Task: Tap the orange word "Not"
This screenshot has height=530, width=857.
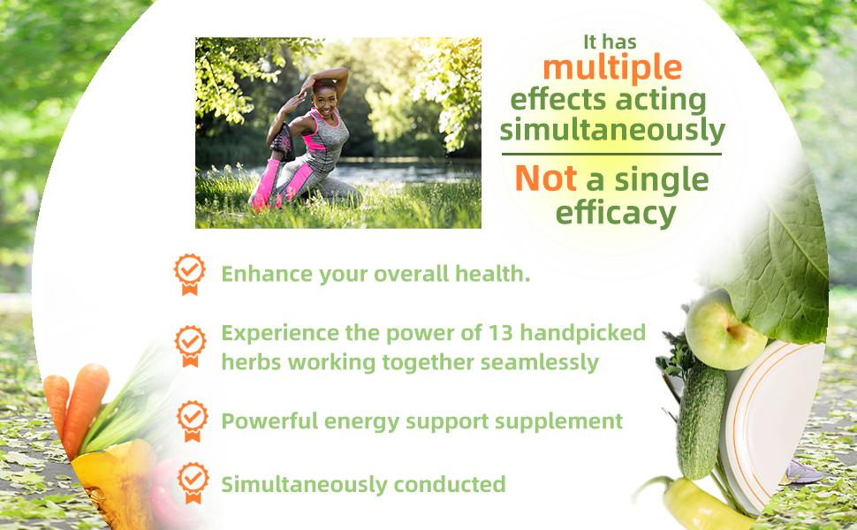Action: [545, 178]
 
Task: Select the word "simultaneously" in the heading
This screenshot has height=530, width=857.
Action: [612, 131]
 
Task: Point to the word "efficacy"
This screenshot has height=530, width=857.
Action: [616, 213]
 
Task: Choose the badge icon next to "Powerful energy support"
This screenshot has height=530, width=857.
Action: [193, 420]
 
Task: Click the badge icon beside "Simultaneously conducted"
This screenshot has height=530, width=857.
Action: [193, 483]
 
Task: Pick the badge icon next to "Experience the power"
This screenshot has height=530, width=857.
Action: [190, 346]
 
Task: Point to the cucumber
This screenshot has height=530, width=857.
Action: [702, 420]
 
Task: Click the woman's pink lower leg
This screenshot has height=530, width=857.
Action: [264, 183]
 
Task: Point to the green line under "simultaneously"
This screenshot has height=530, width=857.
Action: [611, 154]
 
